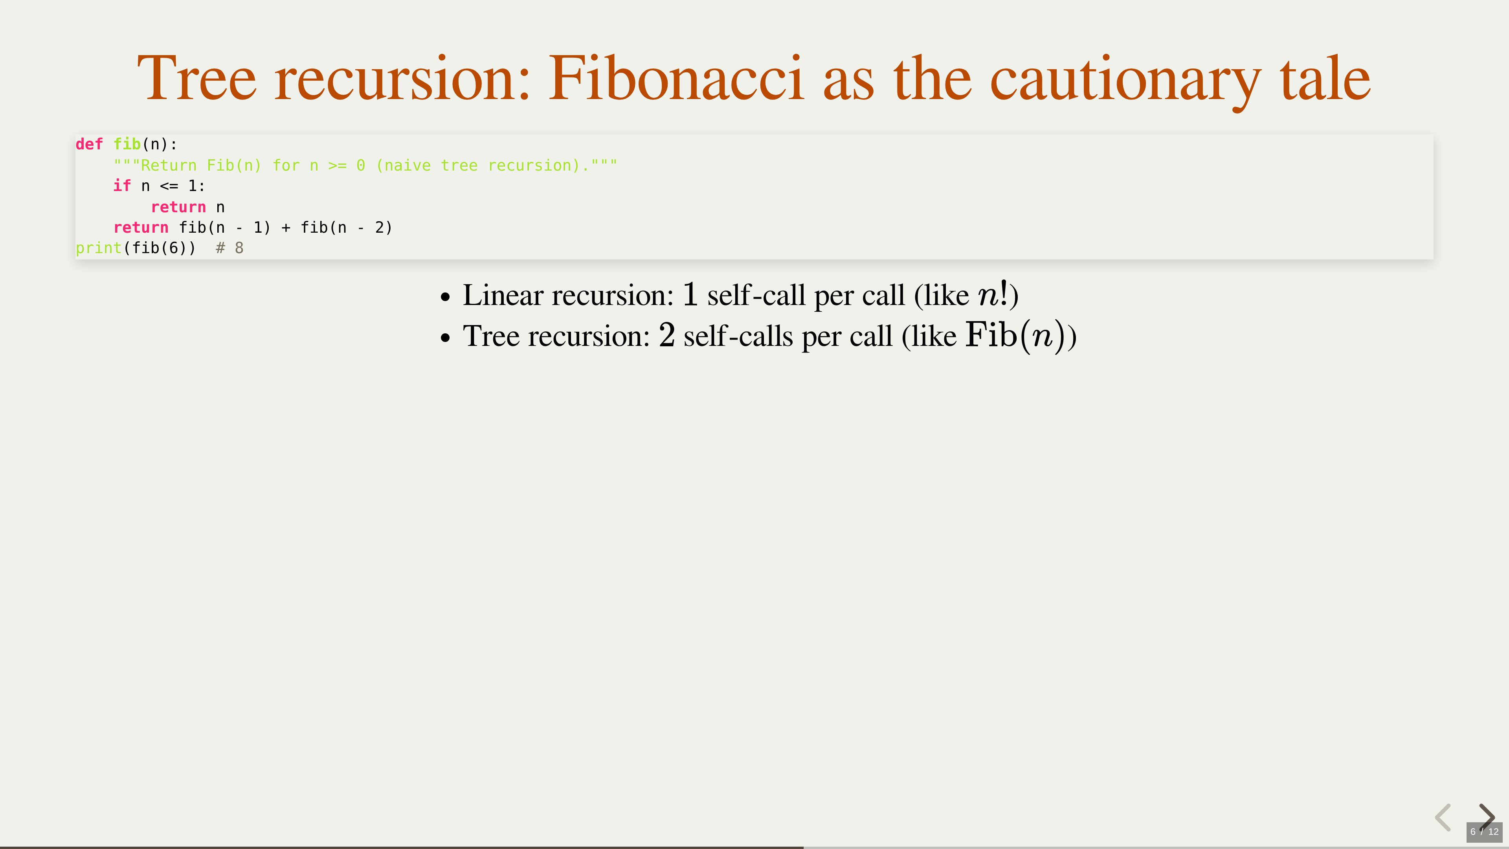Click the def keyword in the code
coord(89,144)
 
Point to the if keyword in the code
coord(122,186)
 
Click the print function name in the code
coord(98,248)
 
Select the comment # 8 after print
coord(229,248)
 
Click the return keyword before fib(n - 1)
coord(141,227)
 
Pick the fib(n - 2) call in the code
coord(346,227)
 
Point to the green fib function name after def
coord(127,144)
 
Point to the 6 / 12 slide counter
coord(1484,832)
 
